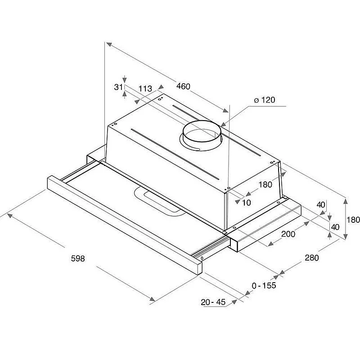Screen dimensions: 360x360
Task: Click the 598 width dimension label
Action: pos(78,258)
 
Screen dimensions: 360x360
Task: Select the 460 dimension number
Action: pos(183,86)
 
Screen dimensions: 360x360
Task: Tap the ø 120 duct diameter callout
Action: pos(265,100)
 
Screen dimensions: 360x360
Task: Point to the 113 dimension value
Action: pos(145,88)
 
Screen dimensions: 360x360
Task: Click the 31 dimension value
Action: pos(118,87)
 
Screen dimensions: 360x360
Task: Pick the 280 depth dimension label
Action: pos(312,257)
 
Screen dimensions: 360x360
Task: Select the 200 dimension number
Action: pos(288,234)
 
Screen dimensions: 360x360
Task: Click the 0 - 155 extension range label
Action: pos(264,285)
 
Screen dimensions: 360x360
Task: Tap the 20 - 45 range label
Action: pos(213,302)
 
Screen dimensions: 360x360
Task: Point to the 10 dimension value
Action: pos(247,202)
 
